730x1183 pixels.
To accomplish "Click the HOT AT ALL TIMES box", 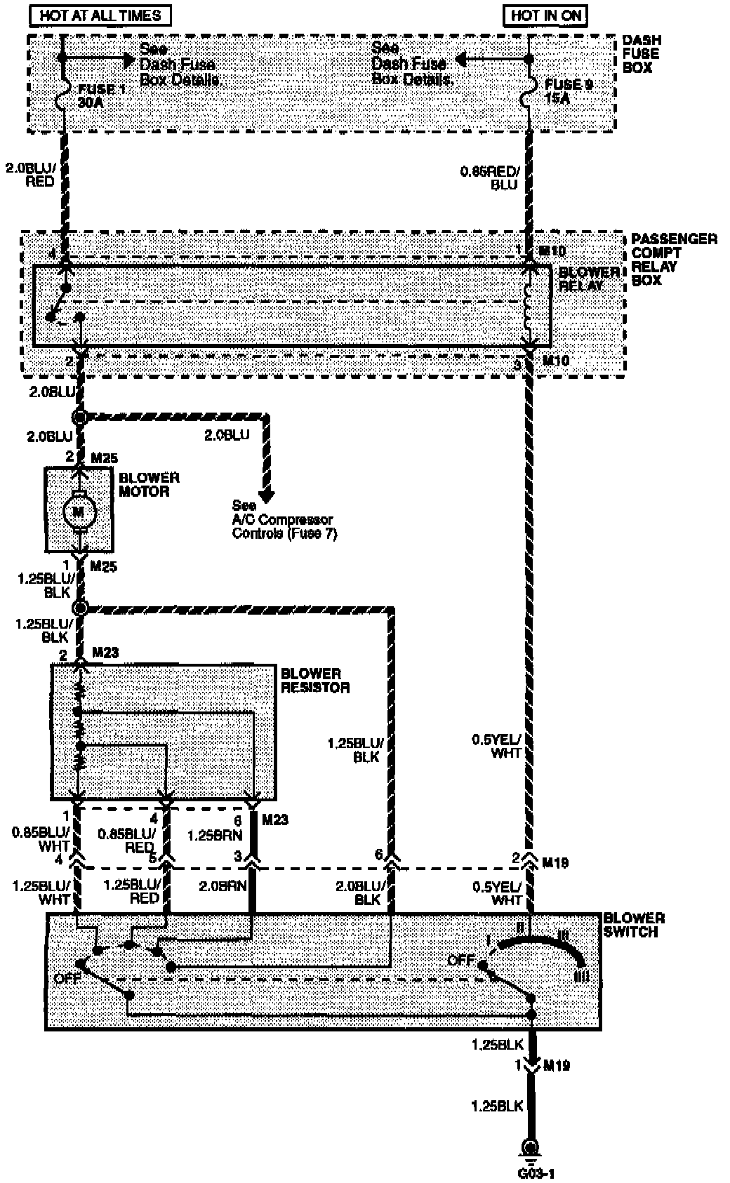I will click(100, 15).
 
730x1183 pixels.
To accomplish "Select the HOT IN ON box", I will click(545, 15).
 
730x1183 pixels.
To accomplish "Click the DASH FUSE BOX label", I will click(641, 54).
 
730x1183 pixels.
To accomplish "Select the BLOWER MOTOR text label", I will click(149, 485).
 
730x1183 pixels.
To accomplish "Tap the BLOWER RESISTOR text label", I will click(315, 681).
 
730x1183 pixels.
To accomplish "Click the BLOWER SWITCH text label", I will click(634, 925).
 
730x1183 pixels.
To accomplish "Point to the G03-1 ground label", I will click(531, 1172).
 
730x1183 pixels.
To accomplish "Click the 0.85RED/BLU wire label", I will click(490, 178).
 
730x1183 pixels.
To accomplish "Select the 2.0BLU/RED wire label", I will click(29, 175).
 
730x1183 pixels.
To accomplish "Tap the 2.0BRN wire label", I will click(223, 885).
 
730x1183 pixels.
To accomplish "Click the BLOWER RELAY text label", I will click(589, 279).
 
